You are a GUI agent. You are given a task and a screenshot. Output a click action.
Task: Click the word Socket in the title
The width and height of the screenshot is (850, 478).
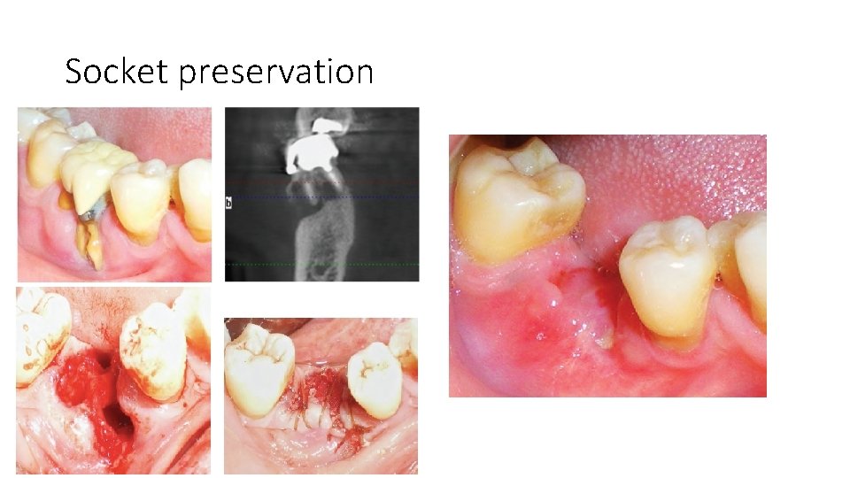coord(117,71)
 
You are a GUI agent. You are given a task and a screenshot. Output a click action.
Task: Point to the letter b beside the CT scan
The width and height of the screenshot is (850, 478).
coord(229,203)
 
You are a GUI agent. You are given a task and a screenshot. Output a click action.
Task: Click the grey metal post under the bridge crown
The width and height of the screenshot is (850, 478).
coord(86,215)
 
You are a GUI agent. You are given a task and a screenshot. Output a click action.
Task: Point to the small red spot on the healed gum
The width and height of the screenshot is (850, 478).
coord(534,334)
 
